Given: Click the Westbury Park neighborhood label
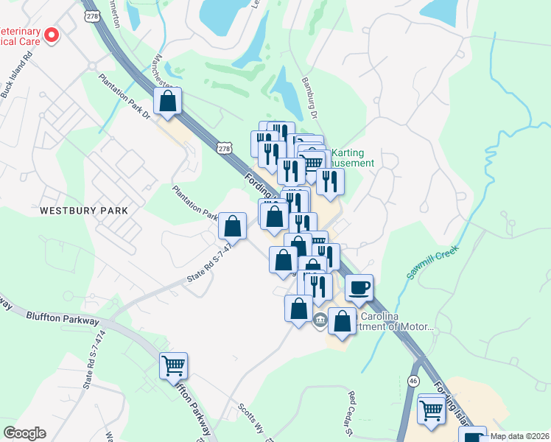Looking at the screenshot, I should [x=84, y=210].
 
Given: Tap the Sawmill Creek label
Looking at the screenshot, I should [x=433, y=262].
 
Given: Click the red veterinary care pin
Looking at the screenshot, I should [x=52, y=35].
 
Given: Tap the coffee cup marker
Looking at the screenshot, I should [x=359, y=287].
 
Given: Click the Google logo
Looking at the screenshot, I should [x=24, y=433].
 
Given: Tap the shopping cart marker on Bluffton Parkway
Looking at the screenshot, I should [x=173, y=365].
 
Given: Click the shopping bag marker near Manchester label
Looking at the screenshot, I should [x=168, y=102].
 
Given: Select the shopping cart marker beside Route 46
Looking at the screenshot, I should [x=432, y=408].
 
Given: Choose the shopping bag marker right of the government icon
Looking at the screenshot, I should [x=343, y=321].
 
